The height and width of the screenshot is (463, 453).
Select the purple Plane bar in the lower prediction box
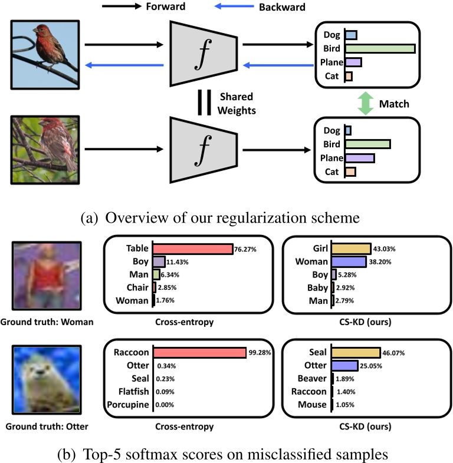(360, 157)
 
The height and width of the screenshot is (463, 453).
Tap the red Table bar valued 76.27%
(193, 249)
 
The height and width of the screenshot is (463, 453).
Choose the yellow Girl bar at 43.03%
(352, 249)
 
